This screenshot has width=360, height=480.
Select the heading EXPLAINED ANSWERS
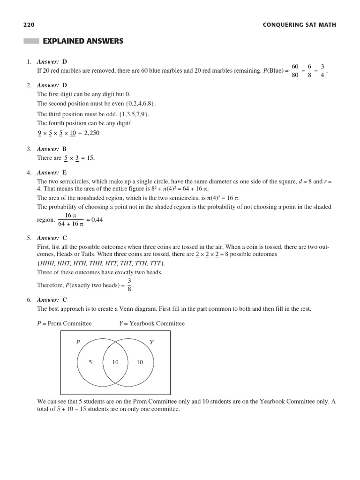pos(83,41)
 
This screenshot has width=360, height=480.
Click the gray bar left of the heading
pos(31,41)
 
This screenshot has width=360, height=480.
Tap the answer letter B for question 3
pos(65,149)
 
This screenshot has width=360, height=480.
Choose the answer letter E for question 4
pos(65,172)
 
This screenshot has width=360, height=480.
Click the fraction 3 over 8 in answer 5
pos(129,285)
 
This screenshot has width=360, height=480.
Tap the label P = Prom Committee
pos(64,323)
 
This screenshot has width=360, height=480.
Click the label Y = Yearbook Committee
pos(152,323)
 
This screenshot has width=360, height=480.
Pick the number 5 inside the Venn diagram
pos(90,362)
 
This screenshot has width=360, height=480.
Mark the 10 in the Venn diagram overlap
pos(115,362)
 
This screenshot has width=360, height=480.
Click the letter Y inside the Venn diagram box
pos(151,343)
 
